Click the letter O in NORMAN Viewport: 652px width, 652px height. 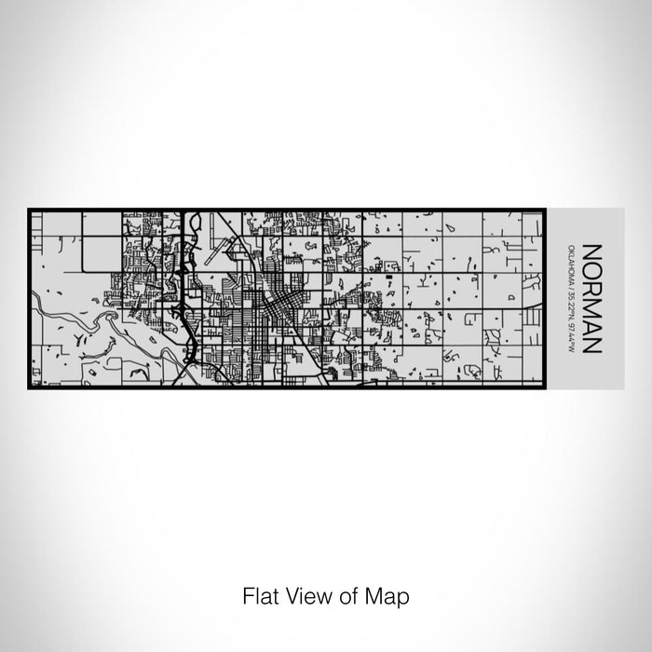(591, 267)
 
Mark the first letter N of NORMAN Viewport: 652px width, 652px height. (591, 251)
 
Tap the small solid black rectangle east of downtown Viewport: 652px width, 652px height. (387, 278)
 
